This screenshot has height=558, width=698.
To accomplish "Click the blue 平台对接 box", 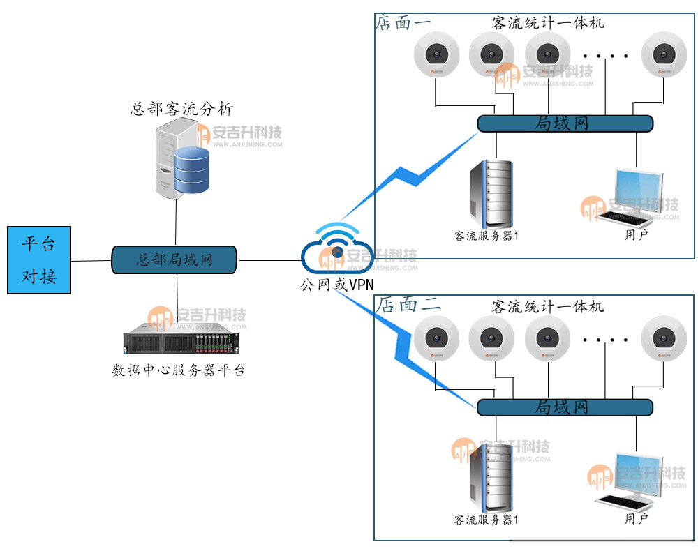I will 39,260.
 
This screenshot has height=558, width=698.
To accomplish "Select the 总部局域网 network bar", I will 174,260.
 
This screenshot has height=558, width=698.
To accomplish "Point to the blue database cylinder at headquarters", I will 191,171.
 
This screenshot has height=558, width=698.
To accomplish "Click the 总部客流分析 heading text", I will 181,109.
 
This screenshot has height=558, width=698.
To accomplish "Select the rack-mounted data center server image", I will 181,342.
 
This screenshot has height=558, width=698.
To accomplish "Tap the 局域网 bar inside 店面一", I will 565,123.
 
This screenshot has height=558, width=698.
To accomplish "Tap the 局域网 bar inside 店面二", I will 565,407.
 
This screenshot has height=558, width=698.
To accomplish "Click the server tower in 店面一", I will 490,190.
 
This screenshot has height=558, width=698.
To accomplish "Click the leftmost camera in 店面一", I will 436,54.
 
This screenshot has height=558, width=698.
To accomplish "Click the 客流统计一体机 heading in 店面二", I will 548,306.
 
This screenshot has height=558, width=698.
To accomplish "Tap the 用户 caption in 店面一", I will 636,234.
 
